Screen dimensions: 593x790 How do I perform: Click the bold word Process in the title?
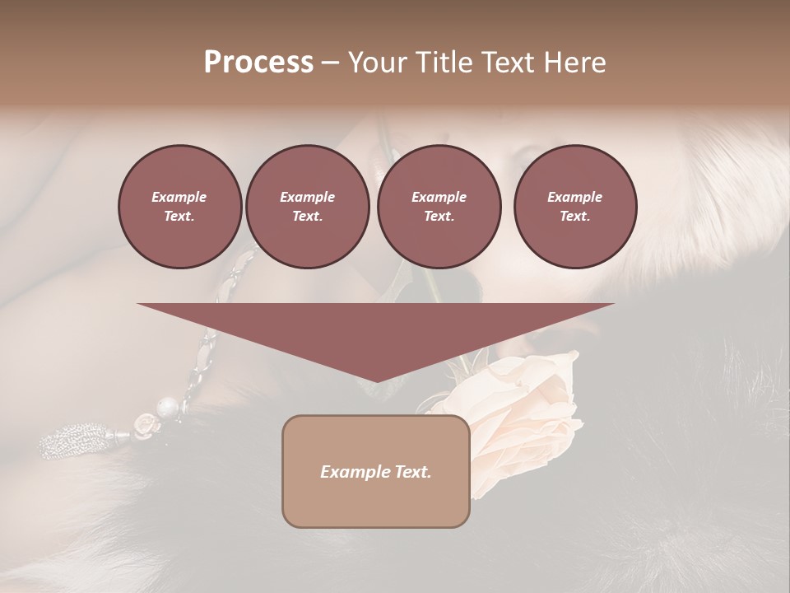click(x=258, y=63)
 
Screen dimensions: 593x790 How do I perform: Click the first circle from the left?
click(x=179, y=207)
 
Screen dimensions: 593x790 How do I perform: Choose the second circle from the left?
click(x=307, y=207)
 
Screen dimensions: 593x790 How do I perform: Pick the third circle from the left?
click(x=439, y=207)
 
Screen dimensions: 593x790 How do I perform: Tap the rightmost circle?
click(x=575, y=207)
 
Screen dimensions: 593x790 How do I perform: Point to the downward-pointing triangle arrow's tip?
click(x=375, y=381)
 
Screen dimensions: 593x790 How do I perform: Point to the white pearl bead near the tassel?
click(x=167, y=407)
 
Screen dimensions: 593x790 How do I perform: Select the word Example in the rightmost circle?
click(x=575, y=197)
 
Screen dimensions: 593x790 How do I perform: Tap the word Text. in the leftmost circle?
click(x=179, y=217)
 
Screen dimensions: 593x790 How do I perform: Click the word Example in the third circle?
click(x=439, y=197)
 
